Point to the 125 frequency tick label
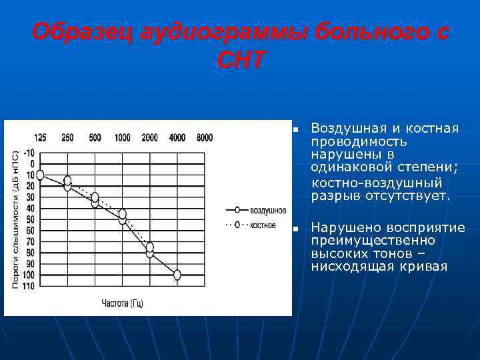click(40, 138)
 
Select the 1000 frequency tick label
click(122, 138)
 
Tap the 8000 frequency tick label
click(205, 138)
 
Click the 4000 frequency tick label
click(177, 138)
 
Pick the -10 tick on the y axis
click(29, 153)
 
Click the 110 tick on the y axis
click(29, 286)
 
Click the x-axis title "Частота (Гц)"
click(122, 303)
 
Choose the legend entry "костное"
click(263, 225)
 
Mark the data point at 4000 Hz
click(177, 275)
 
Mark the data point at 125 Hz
click(40, 175)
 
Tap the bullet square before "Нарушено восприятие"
click(293, 229)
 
